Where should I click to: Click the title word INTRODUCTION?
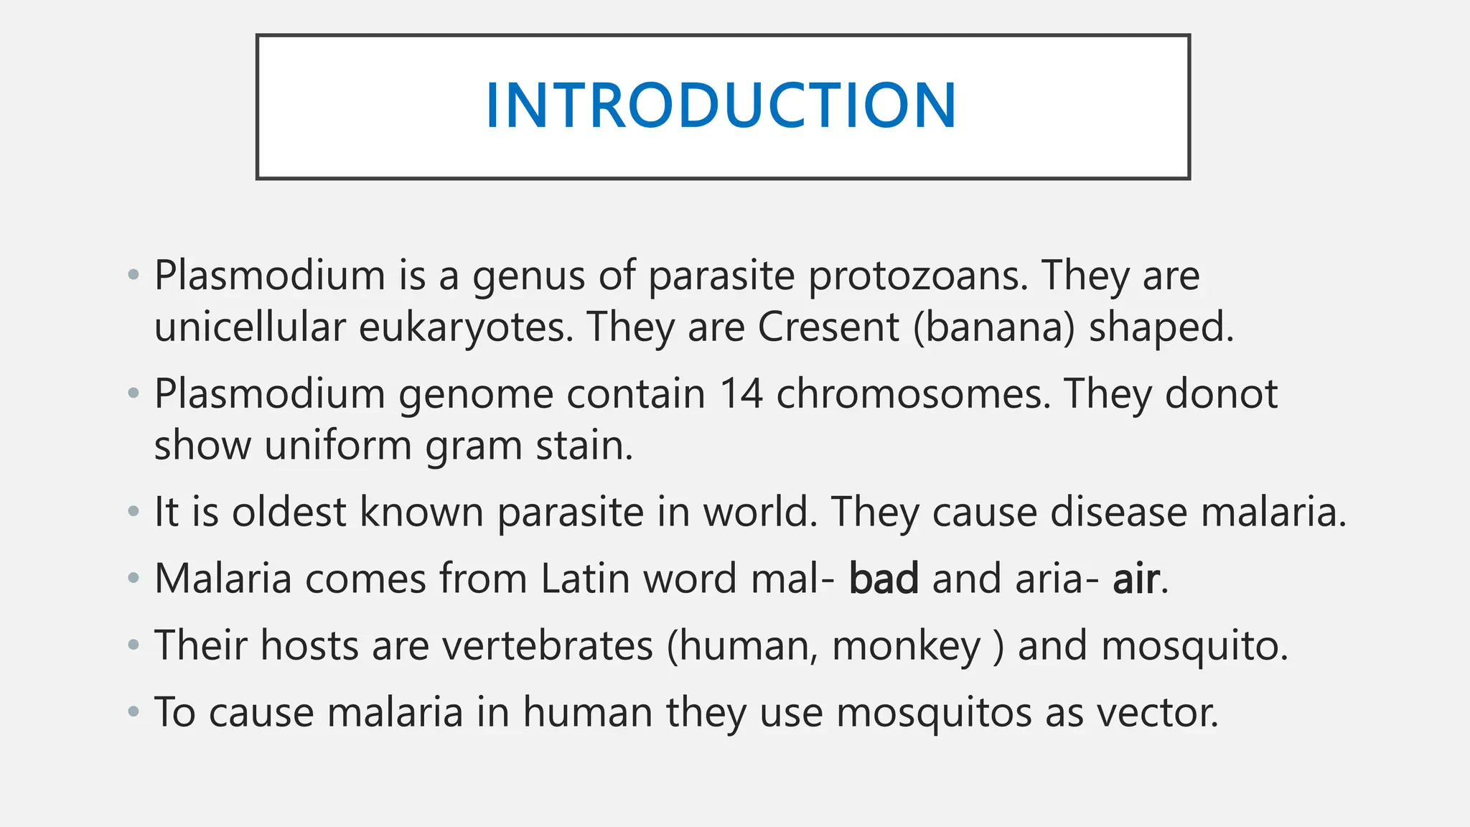tap(721, 106)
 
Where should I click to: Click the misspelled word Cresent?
tap(828, 328)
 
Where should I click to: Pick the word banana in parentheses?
tap(994, 328)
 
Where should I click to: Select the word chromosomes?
tap(913, 394)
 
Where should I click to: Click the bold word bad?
tap(884, 579)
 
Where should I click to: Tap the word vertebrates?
tap(547, 645)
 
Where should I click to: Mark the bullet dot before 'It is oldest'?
tap(133, 512)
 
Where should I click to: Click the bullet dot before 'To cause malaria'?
tap(133, 712)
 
